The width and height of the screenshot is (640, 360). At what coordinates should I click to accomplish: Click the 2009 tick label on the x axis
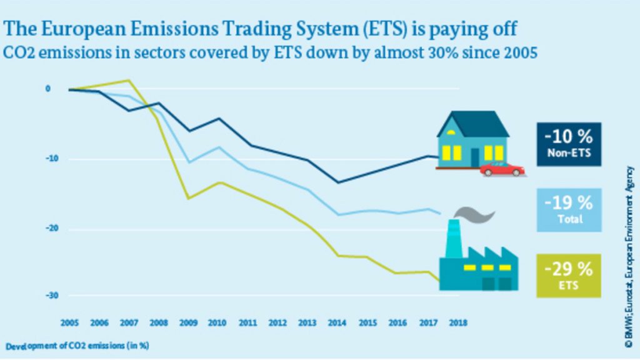click(x=187, y=323)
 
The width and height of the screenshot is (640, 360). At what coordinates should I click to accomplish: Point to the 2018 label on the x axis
click(x=457, y=323)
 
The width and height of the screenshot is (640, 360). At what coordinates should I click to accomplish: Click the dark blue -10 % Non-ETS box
click(x=568, y=144)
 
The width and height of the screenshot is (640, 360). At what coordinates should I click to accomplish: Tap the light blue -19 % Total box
click(x=568, y=210)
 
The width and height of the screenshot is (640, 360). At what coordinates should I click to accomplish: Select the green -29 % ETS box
click(x=568, y=276)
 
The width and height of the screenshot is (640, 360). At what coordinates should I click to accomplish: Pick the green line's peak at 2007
click(x=129, y=80)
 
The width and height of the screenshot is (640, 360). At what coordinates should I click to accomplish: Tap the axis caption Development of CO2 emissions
click(x=77, y=345)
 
